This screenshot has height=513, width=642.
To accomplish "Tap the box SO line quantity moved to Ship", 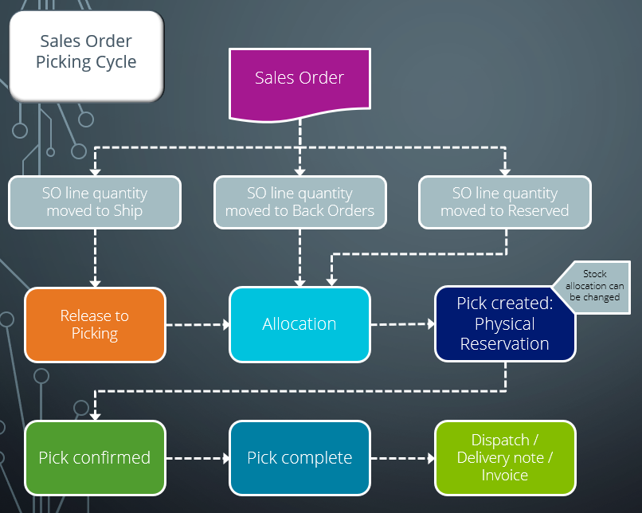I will pos(95,202).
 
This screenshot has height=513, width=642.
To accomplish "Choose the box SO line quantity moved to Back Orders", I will pos(299,202).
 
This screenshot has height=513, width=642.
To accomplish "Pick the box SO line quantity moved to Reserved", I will pos(505,202).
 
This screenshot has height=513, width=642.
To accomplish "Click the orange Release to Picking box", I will pos(95,324).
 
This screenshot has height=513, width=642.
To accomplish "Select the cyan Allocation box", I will pos(299,324).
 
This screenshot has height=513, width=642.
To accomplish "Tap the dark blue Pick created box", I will pos(505,324).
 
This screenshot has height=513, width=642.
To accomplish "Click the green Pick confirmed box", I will pos(95,458).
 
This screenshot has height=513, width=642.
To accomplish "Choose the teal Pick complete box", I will pos(299,458).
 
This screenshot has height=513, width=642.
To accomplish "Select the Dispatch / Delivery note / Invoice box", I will pos(505,458).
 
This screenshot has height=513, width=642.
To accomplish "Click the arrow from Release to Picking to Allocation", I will pos(198,324).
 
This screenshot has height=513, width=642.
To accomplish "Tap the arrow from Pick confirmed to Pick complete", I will pos(198,458).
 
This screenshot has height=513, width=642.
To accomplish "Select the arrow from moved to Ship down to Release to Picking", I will pos(95,257).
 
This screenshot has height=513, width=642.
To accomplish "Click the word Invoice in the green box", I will pos(505,476).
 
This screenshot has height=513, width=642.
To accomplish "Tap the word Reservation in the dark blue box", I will pos(505,344).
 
